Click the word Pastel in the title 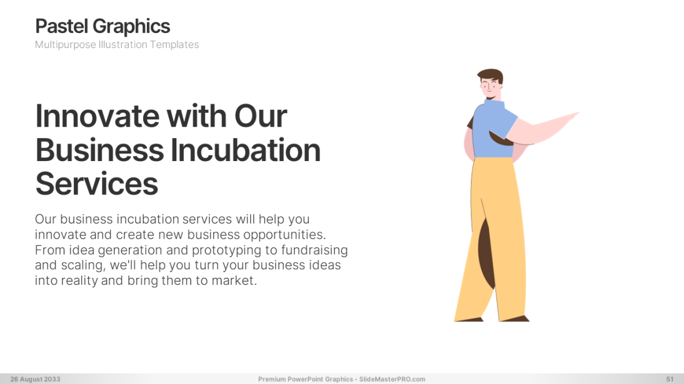62,26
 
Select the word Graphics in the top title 131,27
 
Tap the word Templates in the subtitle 174,45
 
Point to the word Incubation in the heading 246,150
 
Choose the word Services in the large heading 96,184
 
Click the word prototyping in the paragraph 227,250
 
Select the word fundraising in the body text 314,250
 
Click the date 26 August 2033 36,379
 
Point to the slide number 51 670,379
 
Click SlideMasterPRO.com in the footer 392,379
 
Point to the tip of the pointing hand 578,113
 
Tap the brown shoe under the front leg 516,318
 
